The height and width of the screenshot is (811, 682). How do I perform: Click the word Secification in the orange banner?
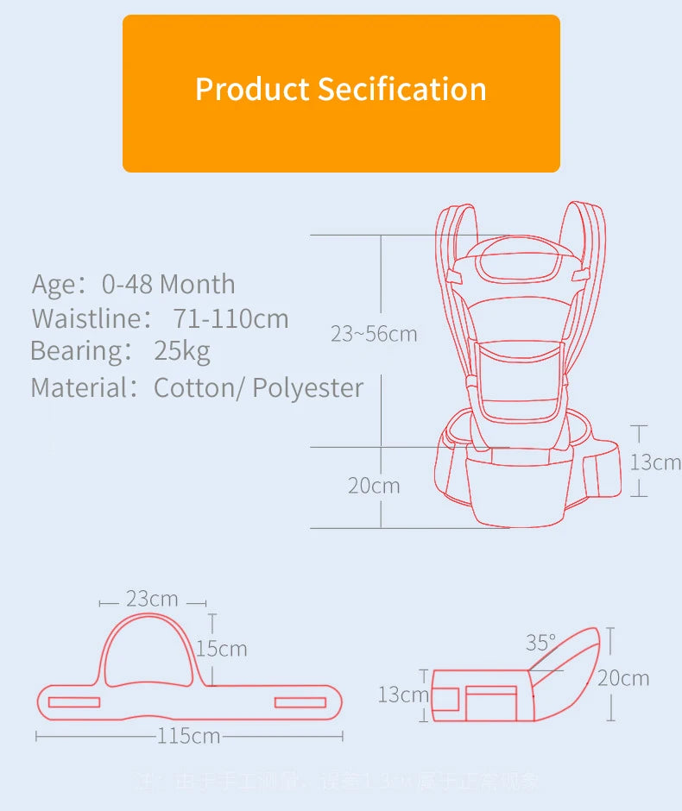point(401,89)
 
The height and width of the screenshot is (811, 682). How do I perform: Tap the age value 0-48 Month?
point(168,284)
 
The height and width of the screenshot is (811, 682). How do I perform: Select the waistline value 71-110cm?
point(230,318)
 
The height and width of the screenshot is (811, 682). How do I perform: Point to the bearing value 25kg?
point(182,351)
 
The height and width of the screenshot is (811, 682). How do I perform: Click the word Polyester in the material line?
point(308,387)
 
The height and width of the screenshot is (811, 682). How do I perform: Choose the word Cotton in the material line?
point(194,387)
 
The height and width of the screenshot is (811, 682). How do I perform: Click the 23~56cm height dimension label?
point(374,334)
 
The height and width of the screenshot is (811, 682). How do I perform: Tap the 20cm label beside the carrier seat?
point(374,486)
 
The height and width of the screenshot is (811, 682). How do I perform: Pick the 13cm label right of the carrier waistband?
point(654,462)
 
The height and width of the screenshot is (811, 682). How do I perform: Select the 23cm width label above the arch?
point(152,599)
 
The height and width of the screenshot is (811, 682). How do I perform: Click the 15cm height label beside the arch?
point(221,649)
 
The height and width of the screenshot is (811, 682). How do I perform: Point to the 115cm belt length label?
point(188,736)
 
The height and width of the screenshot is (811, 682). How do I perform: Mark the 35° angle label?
point(541,643)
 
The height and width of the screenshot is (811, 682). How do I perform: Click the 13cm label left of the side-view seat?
point(402,695)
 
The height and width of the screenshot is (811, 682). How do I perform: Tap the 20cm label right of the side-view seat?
point(623,678)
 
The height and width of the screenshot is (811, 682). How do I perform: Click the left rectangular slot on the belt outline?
point(74,702)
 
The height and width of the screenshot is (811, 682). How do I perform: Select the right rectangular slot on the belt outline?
point(300,702)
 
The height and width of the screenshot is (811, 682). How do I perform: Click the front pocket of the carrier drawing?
point(520,380)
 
